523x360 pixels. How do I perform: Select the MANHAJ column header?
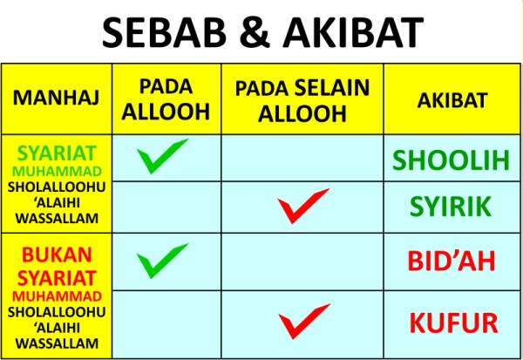point(56,98)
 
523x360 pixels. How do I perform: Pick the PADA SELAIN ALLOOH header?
point(302,98)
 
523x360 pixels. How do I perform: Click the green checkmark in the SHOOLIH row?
point(162,156)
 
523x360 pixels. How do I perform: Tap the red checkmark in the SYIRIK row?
point(302,206)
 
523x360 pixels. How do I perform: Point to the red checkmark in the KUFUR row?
point(302,321)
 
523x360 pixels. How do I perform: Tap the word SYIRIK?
point(451,207)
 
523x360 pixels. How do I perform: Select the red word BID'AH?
point(451,262)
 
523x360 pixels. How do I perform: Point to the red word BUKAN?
point(56,255)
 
